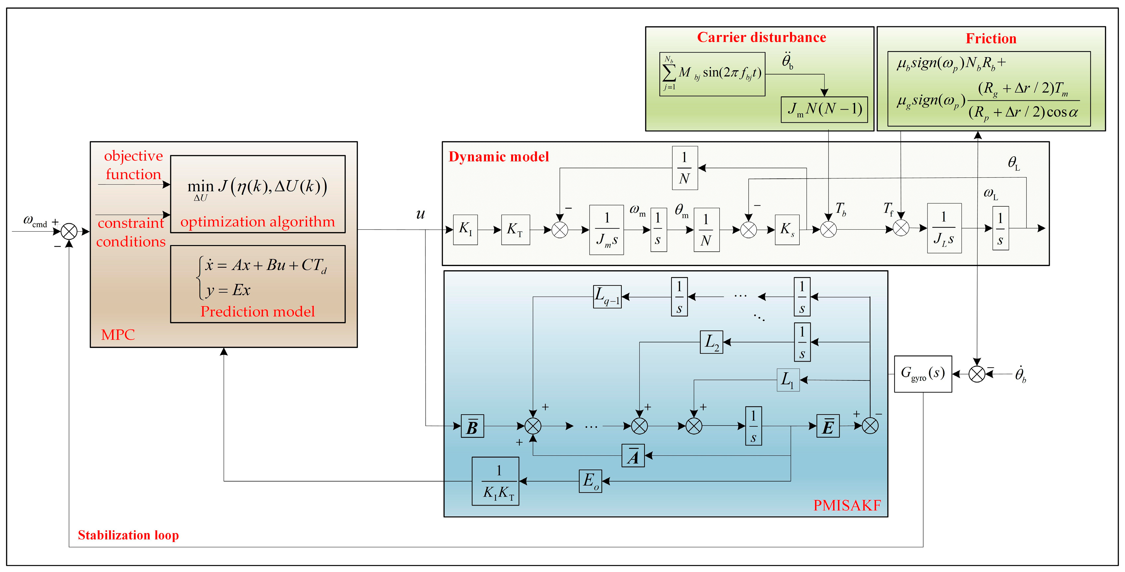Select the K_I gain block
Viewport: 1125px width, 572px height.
pyautogui.click(x=465, y=229)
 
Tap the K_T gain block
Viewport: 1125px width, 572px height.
pyautogui.click(x=515, y=229)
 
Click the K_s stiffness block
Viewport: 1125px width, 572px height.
pyautogui.click(x=787, y=229)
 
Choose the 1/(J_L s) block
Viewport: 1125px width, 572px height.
pyautogui.click(x=944, y=228)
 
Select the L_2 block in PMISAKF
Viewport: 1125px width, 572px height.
pyautogui.click(x=712, y=342)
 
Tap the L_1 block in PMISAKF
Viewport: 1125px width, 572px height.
pyautogui.click(x=788, y=380)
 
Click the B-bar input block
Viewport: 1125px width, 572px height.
pyautogui.click(x=472, y=426)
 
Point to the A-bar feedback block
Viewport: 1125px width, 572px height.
pyautogui.click(x=633, y=455)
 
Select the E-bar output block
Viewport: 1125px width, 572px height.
pyautogui.click(x=828, y=426)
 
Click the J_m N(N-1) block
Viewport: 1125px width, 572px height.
pyautogui.click(x=824, y=109)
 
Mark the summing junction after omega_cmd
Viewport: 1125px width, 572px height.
pyautogui.click(x=69, y=231)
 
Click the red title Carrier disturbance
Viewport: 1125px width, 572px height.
pyautogui.click(x=761, y=37)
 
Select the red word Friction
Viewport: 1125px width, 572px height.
pyautogui.click(x=991, y=39)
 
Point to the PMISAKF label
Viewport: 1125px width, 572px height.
pyautogui.click(x=846, y=505)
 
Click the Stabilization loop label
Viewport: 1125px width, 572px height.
pyautogui.click(x=128, y=535)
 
